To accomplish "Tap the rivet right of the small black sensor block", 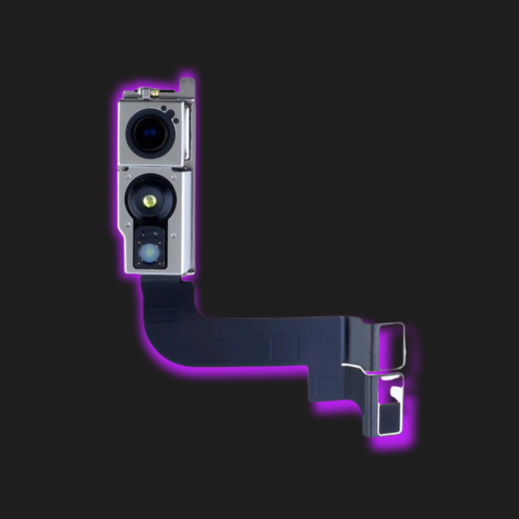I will click(x=173, y=235).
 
